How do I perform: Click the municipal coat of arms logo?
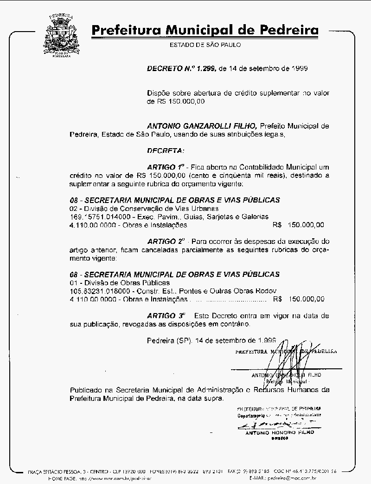(61, 35)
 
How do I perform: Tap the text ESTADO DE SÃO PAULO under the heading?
(205, 45)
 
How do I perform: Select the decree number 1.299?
(205, 68)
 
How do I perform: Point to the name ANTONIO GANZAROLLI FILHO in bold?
(202, 126)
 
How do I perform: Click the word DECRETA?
(165, 150)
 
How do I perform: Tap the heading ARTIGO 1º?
(166, 166)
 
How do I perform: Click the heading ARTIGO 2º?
(166, 242)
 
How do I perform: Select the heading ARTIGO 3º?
(166, 315)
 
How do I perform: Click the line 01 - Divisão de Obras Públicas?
(120, 282)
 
